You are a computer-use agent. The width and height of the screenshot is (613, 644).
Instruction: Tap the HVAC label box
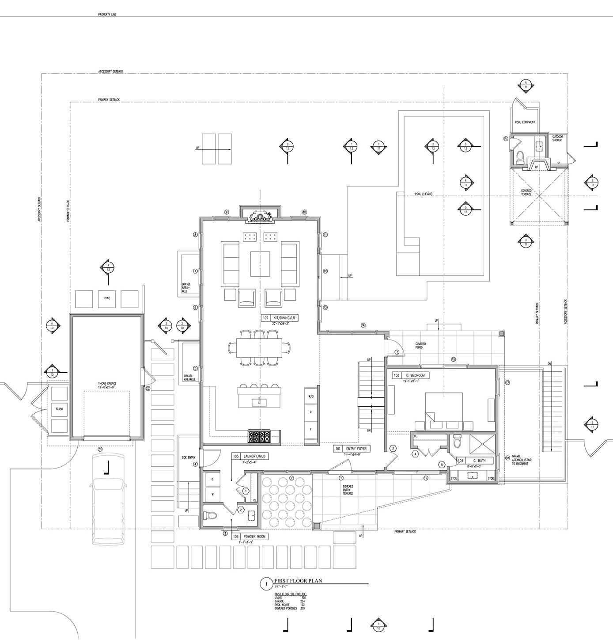[x=106, y=298]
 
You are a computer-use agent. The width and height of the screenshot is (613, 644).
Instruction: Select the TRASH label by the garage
[x=59, y=409]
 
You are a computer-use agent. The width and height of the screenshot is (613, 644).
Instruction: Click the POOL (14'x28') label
[x=423, y=194]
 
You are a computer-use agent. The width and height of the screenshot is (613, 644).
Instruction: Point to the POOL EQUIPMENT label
[x=525, y=122]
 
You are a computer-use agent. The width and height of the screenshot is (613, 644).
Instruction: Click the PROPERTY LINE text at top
[x=107, y=15]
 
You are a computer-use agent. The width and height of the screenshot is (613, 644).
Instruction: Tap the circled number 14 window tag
[x=363, y=325]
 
